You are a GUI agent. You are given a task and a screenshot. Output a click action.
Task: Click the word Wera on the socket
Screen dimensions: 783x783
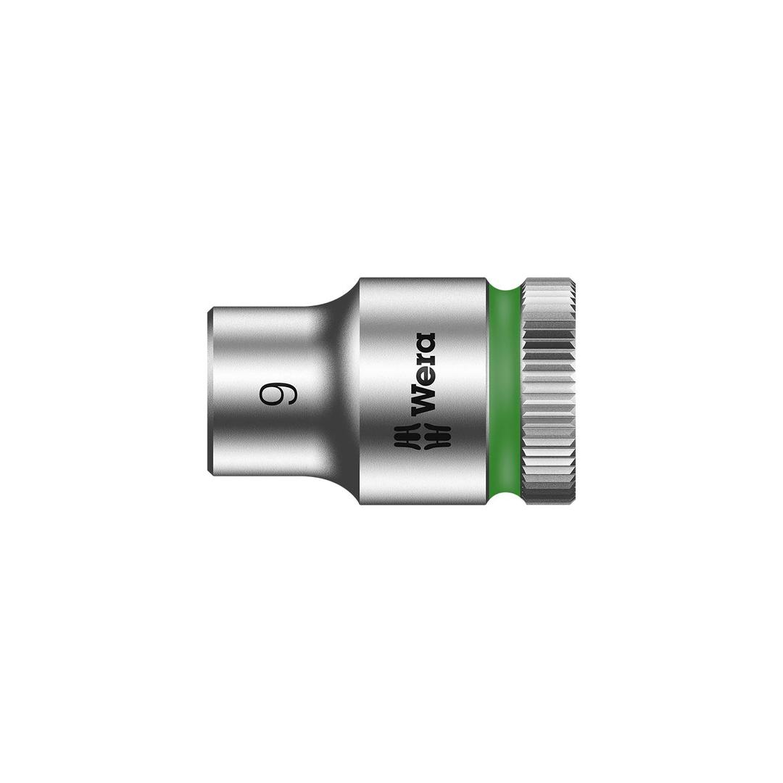point(423,373)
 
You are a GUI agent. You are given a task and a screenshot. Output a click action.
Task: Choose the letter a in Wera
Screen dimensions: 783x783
point(423,342)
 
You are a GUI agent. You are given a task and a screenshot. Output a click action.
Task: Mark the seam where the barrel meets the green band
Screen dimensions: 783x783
point(488,391)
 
